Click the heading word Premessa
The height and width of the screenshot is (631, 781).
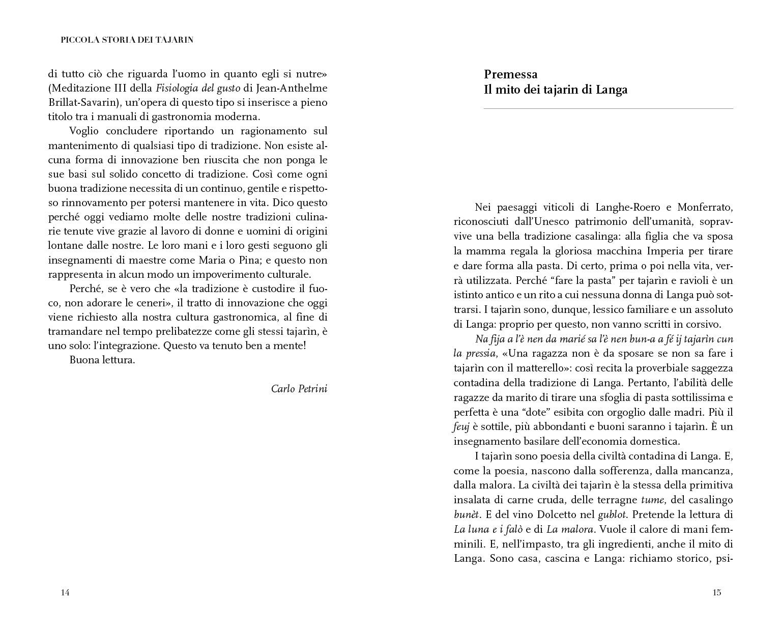coord(510,75)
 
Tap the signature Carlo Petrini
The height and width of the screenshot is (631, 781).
coord(299,389)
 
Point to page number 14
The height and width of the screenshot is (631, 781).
coord(65,592)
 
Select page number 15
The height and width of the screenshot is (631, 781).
coord(717,592)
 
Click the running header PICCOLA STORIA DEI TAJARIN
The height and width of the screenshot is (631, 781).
coord(127,40)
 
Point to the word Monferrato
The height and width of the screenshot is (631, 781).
coord(706,207)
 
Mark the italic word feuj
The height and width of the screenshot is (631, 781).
coord(461,427)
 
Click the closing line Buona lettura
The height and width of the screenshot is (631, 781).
coord(102,360)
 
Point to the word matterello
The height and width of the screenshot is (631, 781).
coord(510,368)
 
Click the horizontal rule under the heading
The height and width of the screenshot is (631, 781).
coord(608,109)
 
